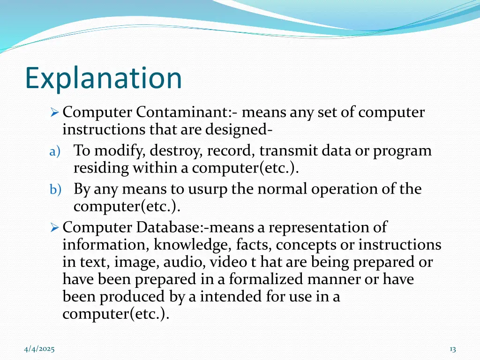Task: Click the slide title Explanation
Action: click(103, 78)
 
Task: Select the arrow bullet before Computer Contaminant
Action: click(54, 113)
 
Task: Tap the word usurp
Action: click(208, 189)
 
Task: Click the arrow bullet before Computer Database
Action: click(54, 228)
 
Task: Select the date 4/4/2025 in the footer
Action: click(39, 349)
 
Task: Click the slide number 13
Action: click(452, 349)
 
